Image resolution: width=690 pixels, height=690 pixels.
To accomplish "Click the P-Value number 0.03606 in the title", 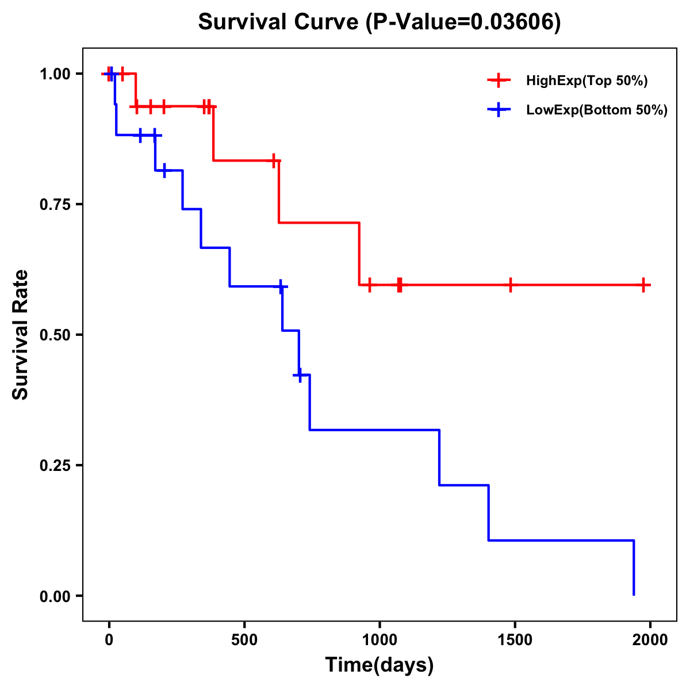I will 513,22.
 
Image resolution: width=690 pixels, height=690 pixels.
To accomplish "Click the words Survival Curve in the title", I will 279,22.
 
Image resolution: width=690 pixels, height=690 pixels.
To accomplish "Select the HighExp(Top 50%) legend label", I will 586,81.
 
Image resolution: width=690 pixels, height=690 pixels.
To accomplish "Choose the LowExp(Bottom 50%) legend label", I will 597,110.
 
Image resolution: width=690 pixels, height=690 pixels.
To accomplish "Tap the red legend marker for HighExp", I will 499,81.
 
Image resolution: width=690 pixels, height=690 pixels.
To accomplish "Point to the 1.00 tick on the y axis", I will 55,74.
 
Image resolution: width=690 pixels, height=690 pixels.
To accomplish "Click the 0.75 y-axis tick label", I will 55,204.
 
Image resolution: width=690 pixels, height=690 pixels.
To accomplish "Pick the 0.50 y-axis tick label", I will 55,335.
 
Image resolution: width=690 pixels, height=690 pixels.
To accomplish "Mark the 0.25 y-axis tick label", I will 55,465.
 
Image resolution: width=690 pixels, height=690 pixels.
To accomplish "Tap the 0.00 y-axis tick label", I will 55,596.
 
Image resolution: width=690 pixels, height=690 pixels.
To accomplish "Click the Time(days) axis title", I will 379,665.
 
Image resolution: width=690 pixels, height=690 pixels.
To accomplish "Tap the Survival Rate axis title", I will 21,335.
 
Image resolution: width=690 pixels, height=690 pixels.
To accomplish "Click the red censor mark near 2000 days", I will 644,285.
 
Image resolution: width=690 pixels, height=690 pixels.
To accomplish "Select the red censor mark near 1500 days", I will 510,285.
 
